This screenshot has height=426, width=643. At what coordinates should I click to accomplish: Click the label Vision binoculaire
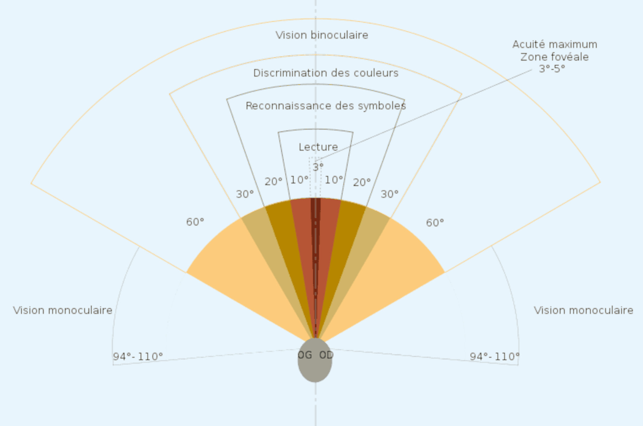[322, 35]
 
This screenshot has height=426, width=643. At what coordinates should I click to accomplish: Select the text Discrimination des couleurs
[326, 73]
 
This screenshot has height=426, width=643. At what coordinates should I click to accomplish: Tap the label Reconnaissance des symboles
[326, 106]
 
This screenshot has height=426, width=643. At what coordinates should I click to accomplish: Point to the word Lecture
[318, 147]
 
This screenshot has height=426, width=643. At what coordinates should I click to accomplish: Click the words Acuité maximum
[555, 44]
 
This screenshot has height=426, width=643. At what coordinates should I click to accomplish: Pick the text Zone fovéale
[555, 57]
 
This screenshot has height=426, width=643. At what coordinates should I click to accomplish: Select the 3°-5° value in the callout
[552, 69]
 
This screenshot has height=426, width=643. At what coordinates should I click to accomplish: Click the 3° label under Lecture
[318, 167]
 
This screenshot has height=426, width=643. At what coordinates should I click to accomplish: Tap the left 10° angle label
[299, 180]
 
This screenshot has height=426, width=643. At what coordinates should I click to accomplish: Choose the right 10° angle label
[334, 180]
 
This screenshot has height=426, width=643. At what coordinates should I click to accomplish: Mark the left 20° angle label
[273, 182]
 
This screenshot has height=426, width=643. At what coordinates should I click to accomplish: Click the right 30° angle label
[390, 194]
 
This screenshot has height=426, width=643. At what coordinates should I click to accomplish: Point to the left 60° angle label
[195, 222]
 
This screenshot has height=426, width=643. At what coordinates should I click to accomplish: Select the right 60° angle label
[435, 222]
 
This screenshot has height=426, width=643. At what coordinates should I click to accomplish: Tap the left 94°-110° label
[138, 356]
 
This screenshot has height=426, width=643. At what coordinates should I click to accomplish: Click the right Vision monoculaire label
[584, 310]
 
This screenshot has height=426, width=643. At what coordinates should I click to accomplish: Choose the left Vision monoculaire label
[63, 310]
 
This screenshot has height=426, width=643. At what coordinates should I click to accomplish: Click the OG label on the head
[305, 355]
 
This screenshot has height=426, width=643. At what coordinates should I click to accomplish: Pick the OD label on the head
[326, 355]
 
